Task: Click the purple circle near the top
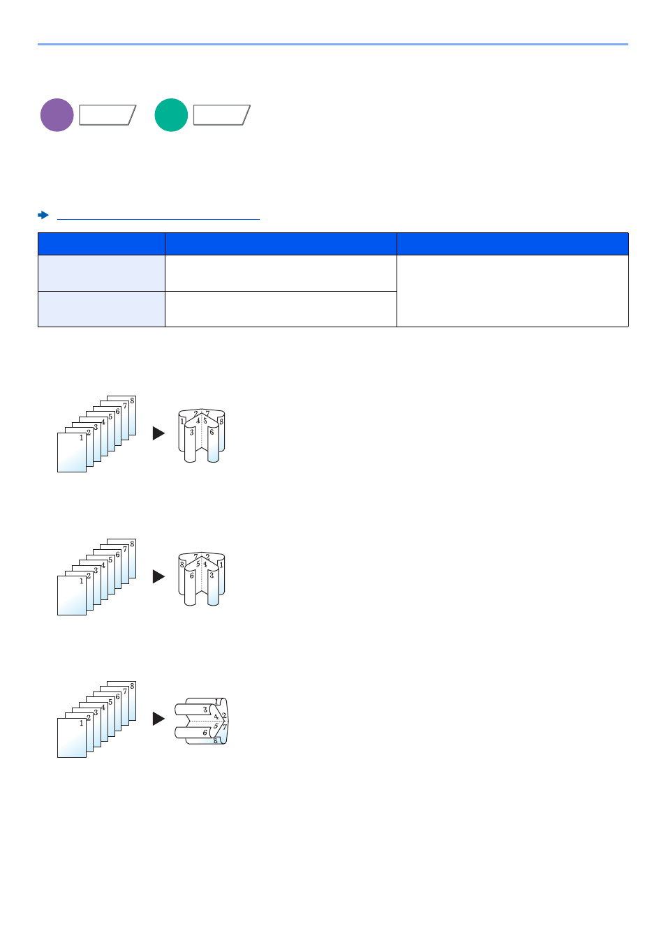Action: (x=57, y=115)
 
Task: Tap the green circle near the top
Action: (x=171, y=115)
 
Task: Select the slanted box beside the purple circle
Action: (x=108, y=115)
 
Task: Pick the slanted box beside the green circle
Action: (x=221, y=115)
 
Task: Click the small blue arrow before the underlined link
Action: (x=43, y=215)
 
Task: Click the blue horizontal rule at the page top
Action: (x=333, y=45)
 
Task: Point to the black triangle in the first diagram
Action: (x=158, y=433)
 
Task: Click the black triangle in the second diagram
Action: (x=158, y=576)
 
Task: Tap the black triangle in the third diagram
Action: (x=158, y=719)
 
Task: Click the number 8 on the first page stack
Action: (x=132, y=401)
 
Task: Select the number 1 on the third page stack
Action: (x=81, y=724)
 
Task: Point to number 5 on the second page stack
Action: (x=110, y=560)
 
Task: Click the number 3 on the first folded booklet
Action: (x=191, y=433)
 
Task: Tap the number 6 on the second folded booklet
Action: (x=192, y=576)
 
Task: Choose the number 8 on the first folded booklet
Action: (x=221, y=421)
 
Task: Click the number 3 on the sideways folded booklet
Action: (x=205, y=710)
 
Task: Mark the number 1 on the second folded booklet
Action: (x=221, y=565)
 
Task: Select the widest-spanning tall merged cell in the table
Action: (x=512, y=291)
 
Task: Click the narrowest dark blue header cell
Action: (x=101, y=244)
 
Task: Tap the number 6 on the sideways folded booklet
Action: (x=205, y=733)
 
